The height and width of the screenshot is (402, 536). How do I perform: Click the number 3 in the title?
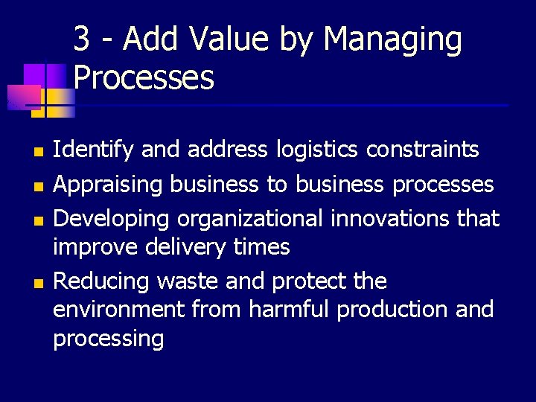click(x=83, y=39)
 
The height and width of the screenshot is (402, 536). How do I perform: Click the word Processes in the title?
click(x=144, y=77)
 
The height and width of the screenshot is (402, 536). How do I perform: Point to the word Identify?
click(x=94, y=150)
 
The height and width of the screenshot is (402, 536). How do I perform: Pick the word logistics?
click(x=318, y=150)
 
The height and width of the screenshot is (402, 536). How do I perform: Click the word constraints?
click(x=423, y=150)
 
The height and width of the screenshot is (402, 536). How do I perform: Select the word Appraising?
click(x=109, y=185)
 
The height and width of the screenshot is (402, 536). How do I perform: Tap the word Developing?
click(x=111, y=220)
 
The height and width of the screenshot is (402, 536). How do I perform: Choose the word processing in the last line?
click(x=108, y=339)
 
